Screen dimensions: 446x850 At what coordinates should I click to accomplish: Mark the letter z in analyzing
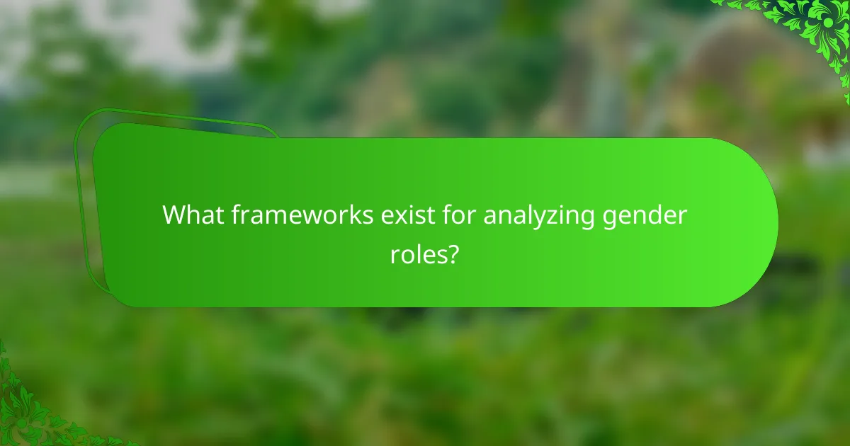(560, 215)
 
